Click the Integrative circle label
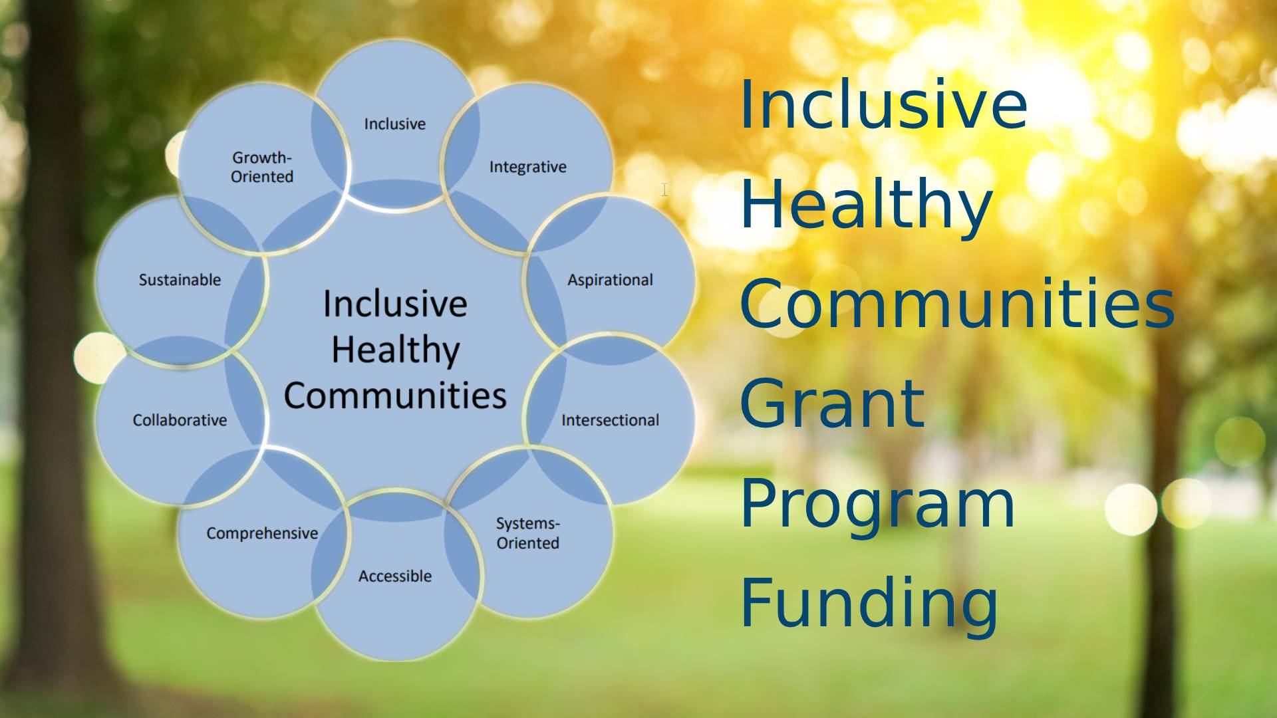pyautogui.click(x=527, y=167)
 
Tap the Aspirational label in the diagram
pyautogui.click(x=610, y=280)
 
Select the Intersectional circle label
pyautogui.click(x=610, y=420)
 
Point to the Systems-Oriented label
pyautogui.click(x=527, y=533)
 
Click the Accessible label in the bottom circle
pyautogui.click(x=395, y=576)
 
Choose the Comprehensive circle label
pyautogui.click(x=262, y=533)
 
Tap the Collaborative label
pyautogui.click(x=180, y=420)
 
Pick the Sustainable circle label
pyautogui.click(x=180, y=280)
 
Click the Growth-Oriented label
pyautogui.click(x=262, y=167)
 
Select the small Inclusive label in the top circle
pyautogui.click(x=394, y=124)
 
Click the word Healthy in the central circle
pyautogui.click(x=395, y=350)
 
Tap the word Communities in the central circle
pyautogui.click(x=395, y=396)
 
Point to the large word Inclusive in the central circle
pyautogui.click(x=395, y=304)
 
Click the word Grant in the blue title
pyautogui.click(x=831, y=404)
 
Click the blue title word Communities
pyautogui.click(x=957, y=304)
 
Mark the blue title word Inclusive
pyautogui.click(x=884, y=104)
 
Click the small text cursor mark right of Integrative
pyautogui.click(x=664, y=189)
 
